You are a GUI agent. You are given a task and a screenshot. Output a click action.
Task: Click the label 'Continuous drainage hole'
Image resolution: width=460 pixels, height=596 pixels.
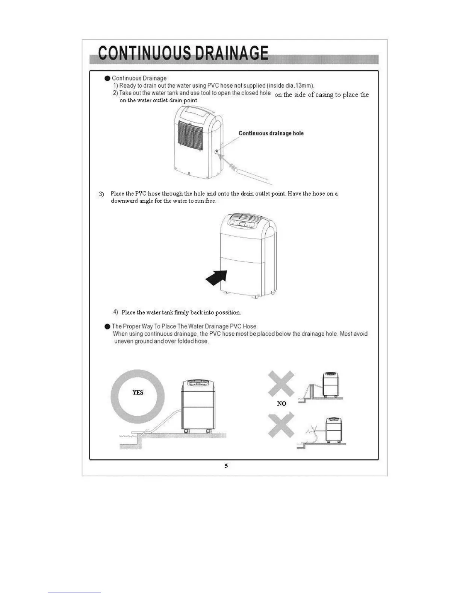[271, 133]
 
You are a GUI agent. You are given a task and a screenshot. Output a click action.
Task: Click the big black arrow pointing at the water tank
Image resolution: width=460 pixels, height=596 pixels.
[217, 278]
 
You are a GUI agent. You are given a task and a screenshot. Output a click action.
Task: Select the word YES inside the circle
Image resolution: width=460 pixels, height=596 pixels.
[138, 392]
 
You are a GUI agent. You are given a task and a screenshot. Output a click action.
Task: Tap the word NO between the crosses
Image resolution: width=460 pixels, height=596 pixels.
[281, 403]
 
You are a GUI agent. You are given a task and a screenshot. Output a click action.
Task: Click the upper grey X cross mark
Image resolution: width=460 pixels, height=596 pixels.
[281, 384]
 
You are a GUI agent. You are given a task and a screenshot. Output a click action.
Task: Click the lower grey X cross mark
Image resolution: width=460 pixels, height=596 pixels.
[281, 426]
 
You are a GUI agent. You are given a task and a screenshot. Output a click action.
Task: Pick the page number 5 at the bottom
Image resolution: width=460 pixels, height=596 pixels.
[226, 466]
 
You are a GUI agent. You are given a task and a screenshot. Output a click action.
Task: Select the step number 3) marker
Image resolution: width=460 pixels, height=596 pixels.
[101, 194]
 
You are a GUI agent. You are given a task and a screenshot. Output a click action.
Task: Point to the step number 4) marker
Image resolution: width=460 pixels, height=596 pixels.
[116, 312]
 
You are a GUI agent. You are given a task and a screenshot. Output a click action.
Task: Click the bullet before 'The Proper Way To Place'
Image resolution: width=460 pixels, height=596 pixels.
[107, 327]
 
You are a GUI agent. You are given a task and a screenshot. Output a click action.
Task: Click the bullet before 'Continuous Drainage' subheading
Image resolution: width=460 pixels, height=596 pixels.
[107, 78]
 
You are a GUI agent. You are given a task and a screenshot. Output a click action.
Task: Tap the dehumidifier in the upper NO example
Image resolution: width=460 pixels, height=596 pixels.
[331, 385]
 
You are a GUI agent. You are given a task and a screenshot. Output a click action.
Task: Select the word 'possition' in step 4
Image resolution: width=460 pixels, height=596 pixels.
[228, 313]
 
